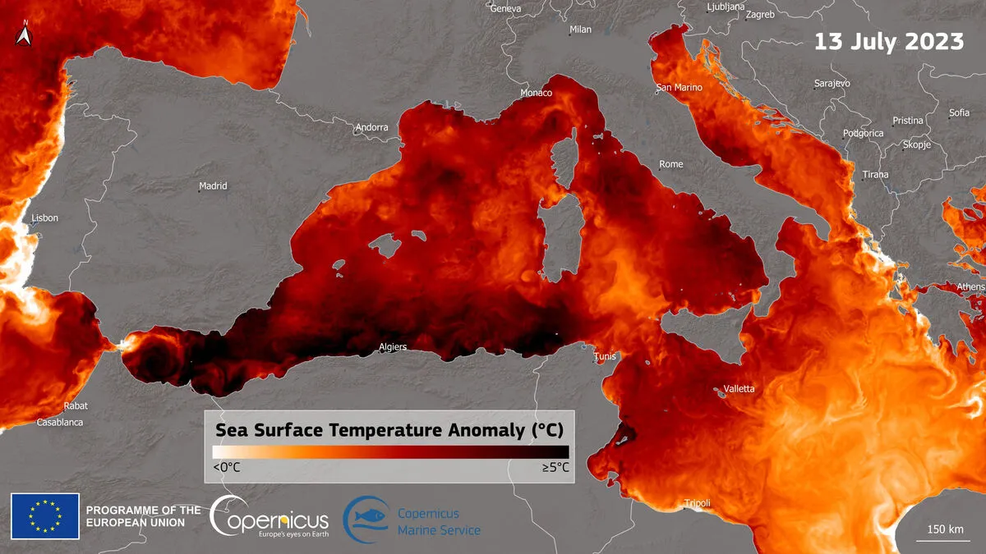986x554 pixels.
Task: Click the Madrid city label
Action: tap(213, 186)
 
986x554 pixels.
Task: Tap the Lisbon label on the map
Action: tap(44, 218)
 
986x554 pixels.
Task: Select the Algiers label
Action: tap(392, 347)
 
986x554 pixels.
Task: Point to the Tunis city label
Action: tap(605, 356)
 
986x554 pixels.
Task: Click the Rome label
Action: tap(671, 164)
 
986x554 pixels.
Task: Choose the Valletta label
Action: tap(739, 388)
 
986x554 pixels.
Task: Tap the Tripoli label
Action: tap(698, 503)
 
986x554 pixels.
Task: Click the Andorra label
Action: tap(371, 127)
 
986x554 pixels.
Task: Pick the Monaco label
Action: tap(537, 93)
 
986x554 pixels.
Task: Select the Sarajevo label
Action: tap(832, 84)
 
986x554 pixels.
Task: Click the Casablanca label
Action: tap(59, 423)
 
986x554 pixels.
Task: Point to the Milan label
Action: tap(580, 30)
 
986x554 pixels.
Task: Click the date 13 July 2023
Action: tap(889, 41)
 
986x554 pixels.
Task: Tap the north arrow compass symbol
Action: tap(23, 34)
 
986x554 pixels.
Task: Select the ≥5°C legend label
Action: tap(555, 467)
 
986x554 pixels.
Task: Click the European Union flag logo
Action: tap(45, 516)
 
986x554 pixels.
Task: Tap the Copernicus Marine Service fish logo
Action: tap(366, 520)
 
